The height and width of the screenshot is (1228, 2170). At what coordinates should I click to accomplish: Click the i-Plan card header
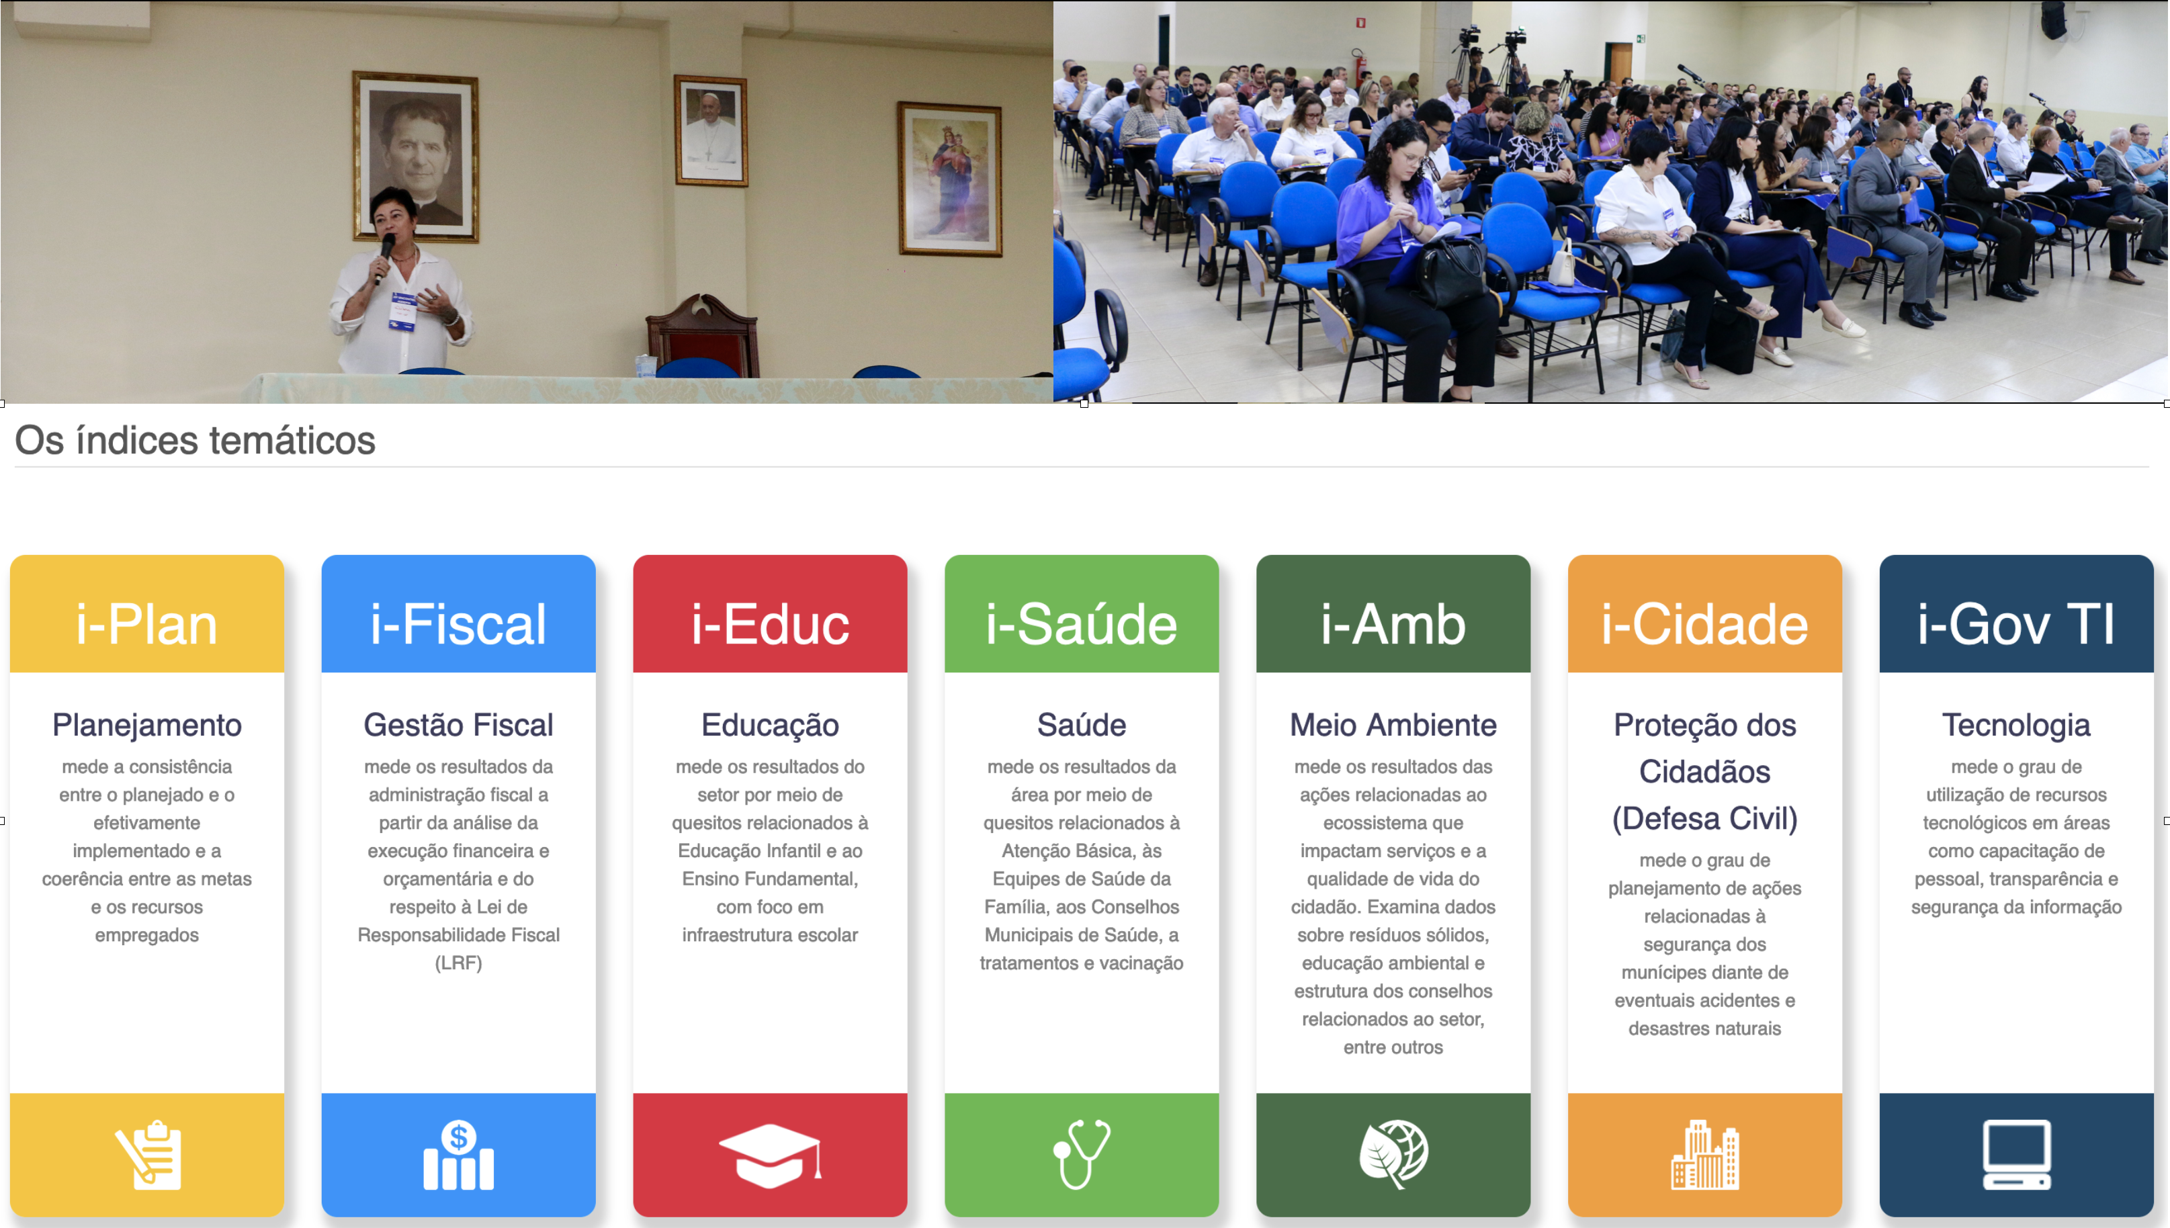146,624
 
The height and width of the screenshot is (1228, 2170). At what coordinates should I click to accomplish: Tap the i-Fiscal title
458,624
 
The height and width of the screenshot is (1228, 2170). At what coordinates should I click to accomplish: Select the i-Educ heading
770,624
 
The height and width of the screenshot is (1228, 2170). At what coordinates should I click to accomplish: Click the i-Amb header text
1393,624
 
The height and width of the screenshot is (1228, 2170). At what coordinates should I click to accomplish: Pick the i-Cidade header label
1704,624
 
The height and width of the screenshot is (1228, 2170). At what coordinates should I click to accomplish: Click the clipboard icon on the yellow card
148,1155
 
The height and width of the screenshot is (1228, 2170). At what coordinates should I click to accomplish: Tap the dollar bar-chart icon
458,1155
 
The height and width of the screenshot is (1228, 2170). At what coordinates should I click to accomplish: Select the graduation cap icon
770,1155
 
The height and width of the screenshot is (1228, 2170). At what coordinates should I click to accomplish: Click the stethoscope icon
1081,1154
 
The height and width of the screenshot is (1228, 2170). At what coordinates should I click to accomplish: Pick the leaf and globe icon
1393,1155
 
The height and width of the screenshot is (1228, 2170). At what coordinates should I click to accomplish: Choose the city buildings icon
1704,1155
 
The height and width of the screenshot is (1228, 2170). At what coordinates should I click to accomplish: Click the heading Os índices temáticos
195,440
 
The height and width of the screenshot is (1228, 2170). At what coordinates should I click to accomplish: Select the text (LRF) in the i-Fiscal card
458,963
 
